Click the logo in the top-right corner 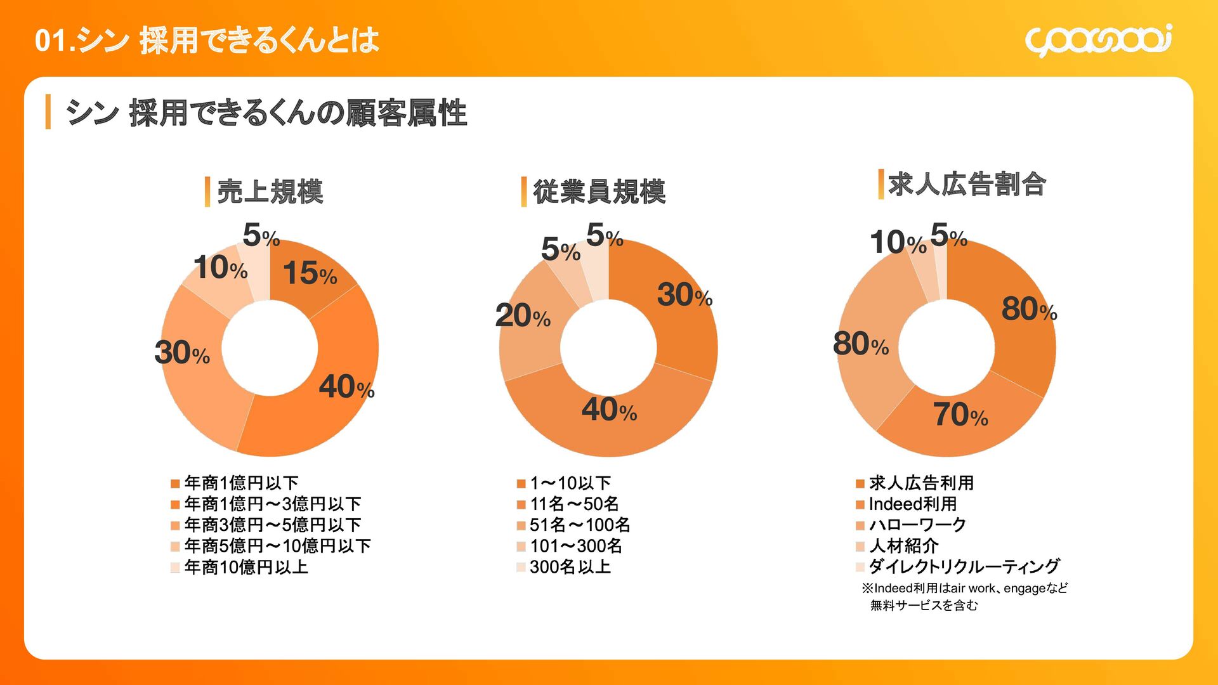tap(1098, 40)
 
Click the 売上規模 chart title tap(270, 192)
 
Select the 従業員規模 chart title tap(599, 192)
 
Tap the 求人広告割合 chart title tap(966, 184)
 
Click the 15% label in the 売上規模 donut tap(310, 274)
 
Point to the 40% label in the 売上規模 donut tap(346, 386)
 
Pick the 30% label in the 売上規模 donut tap(182, 353)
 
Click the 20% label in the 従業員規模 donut tap(523, 315)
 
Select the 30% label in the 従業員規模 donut tap(684, 295)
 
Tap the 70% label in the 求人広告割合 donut tap(960, 415)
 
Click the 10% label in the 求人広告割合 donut tap(898, 243)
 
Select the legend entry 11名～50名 tap(574, 504)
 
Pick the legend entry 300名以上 tap(570, 567)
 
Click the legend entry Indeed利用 tap(912, 504)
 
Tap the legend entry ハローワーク tap(917, 525)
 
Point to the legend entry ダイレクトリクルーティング tap(964, 566)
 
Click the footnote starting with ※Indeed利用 tap(964, 596)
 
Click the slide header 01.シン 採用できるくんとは tap(207, 41)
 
